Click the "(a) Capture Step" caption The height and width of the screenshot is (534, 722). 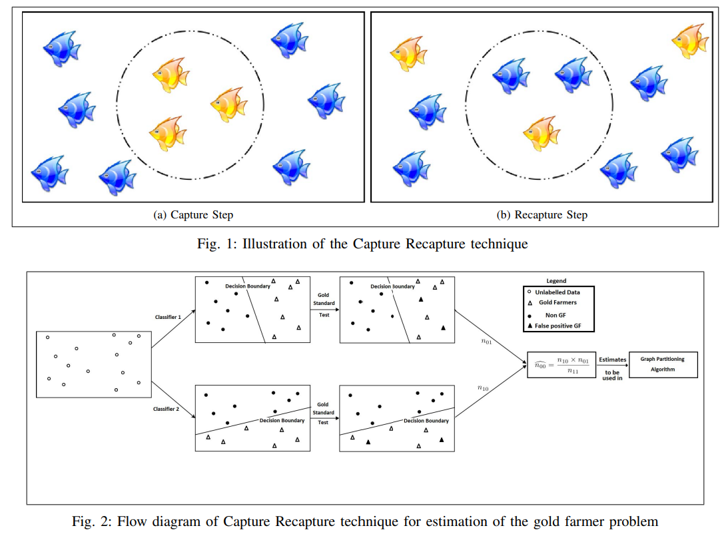[x=193, y=214]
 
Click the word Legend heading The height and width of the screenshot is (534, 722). [x=556, y=281]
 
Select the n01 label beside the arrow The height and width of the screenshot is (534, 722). [x=486, y=341]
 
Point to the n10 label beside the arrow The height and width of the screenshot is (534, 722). [x=484, y=388]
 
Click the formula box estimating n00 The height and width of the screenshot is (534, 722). [x=560, y=365]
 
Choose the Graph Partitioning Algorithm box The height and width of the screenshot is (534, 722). [x=662, y=364]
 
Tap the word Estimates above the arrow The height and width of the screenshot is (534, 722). [x=612, y=360]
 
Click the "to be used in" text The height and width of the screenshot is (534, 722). [x=612, y=376]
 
